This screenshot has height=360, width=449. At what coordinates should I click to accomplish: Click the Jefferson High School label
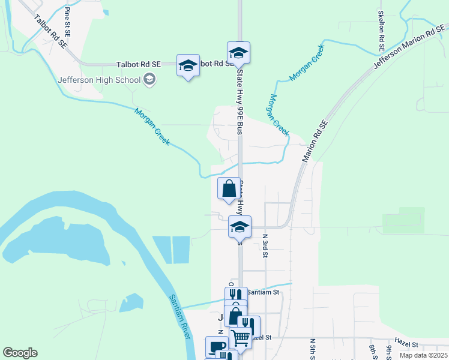tap(99, 79)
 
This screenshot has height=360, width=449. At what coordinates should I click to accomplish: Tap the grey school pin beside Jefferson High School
tap(149, 79)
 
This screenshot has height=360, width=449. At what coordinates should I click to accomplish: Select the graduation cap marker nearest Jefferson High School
tap(188, 65)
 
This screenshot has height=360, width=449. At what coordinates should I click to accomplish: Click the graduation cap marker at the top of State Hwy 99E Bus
tap(238, 52)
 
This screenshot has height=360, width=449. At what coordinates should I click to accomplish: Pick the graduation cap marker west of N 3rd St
tap(240, 226)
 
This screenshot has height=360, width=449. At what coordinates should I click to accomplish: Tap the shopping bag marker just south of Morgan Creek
tap(229, 189)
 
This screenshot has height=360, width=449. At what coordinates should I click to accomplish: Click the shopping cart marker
tap(241, 338)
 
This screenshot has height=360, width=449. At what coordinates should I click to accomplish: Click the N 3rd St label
tap(265, 245)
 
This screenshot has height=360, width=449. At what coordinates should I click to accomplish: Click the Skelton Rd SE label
tap(381, 30)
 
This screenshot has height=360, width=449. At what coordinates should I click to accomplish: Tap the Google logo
tap(20, 353)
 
